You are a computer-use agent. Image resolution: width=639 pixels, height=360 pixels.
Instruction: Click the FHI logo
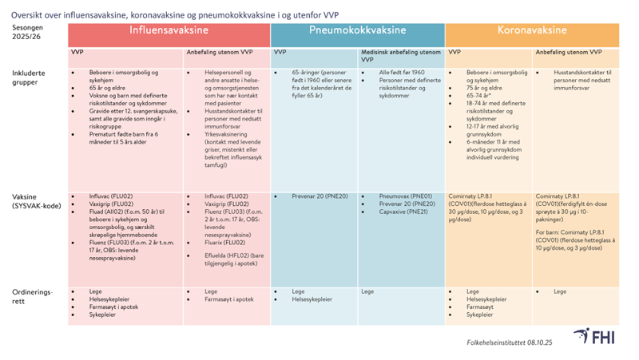591,338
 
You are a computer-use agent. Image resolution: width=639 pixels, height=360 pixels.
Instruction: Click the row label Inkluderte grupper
30,77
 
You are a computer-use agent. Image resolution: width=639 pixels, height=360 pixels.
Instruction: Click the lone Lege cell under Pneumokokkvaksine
368,292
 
